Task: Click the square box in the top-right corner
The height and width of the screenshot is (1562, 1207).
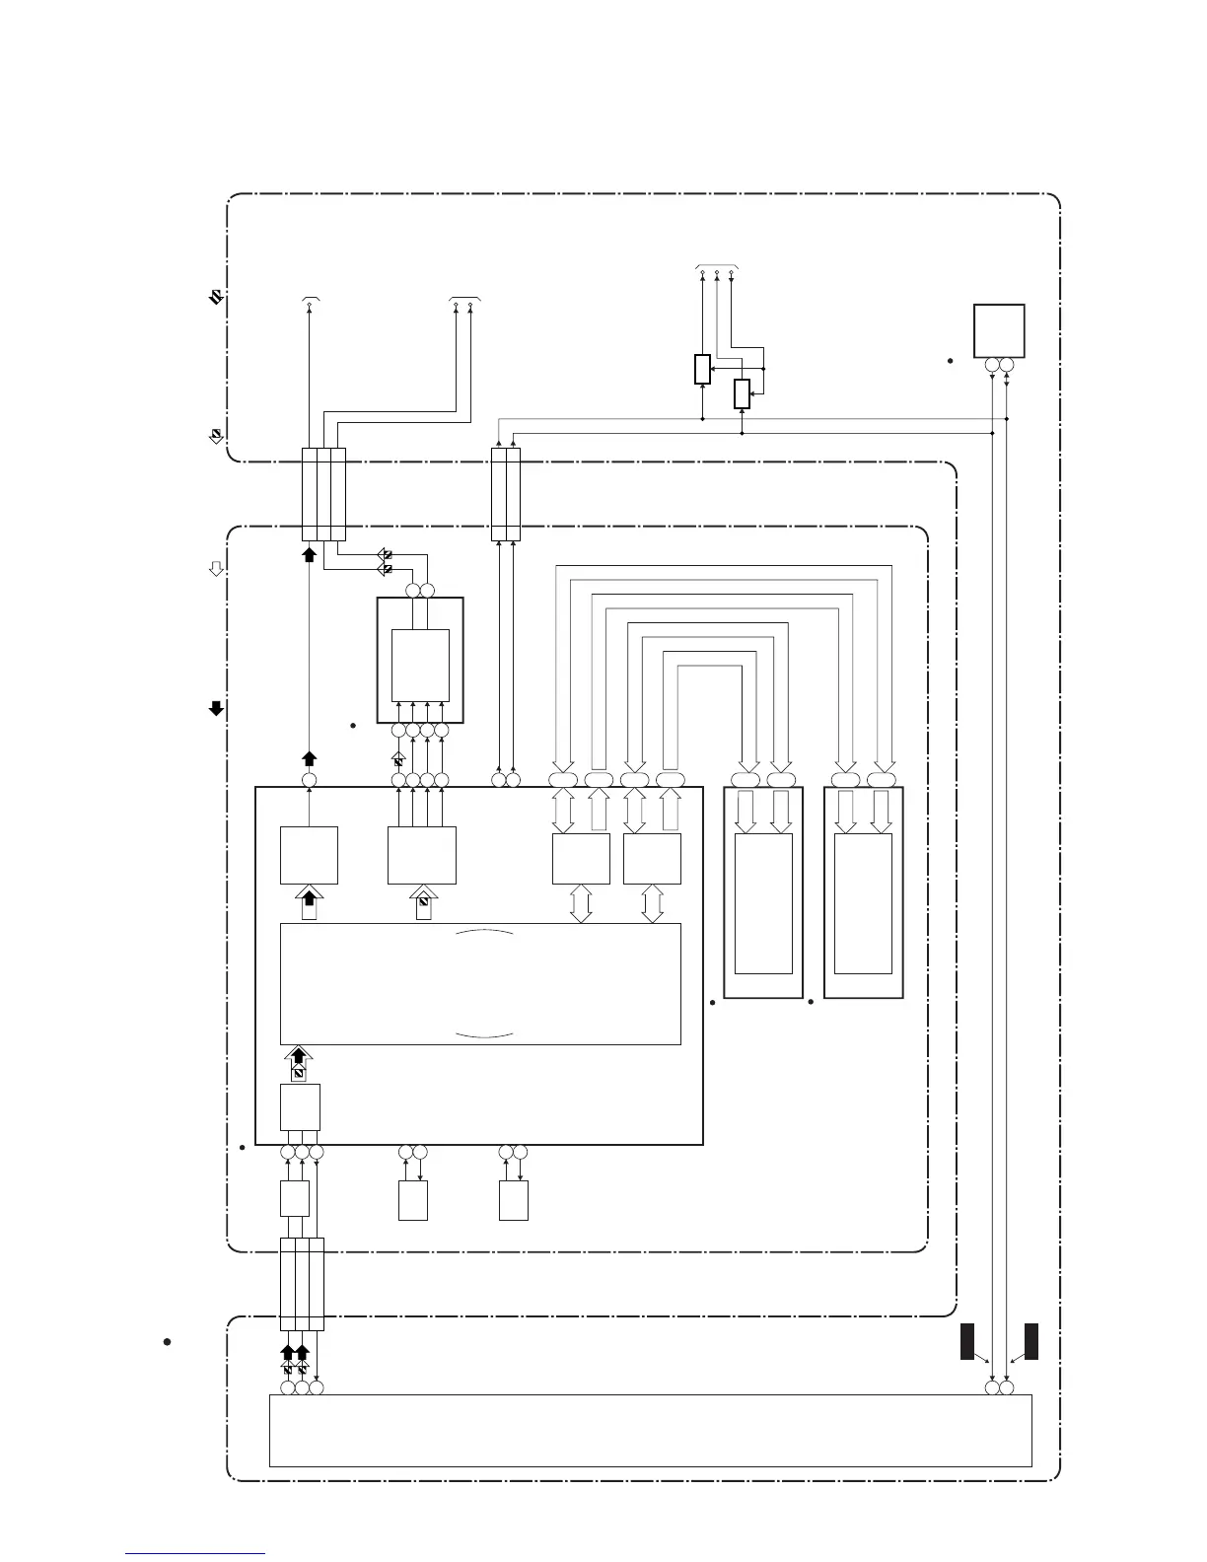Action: click(x=998, y=330)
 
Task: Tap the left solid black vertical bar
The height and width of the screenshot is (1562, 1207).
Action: click(x=967, y=1341)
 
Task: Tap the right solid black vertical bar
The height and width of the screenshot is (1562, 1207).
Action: click(x=1031, y=1341)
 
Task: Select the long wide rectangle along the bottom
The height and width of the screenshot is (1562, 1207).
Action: click(x=650, y=1431)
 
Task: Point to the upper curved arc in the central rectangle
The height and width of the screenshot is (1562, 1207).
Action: click(x=485, y=932)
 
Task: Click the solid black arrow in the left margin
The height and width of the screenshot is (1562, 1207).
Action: click(x=216, y=708)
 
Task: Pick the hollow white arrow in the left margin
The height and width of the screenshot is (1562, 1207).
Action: click(x=216, y=569)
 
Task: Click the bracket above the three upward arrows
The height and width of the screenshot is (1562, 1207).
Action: click(x=717, y=267)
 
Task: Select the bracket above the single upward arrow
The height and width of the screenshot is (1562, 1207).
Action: click(x=310, y=297)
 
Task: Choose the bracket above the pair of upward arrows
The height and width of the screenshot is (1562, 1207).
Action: click(x=463, y=297)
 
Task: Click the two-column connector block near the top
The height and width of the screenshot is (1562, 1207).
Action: click(x=505, y=494)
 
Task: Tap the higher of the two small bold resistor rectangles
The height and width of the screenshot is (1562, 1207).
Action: click(x=702, y=369)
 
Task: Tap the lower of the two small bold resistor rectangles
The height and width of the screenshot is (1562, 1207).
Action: click(x=742, y=394)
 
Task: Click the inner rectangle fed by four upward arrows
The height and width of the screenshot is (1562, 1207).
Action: click(x=420, y=665)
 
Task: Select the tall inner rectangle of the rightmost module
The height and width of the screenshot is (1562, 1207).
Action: click(x=863, y=903)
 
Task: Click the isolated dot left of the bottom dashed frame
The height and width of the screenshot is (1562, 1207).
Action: click(x=168, y=1342)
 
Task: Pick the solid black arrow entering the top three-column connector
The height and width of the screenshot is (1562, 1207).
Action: click(x=309, y=554)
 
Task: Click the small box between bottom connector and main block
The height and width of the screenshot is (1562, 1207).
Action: click(x=294, y=1198)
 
